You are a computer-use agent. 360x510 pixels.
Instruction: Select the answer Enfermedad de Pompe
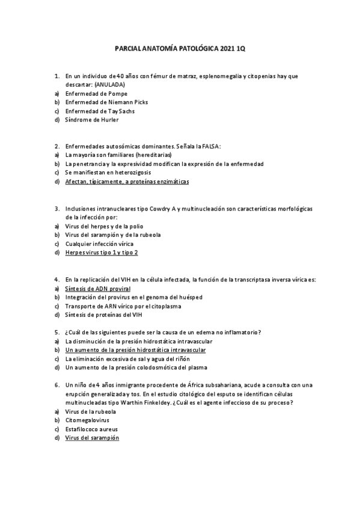[96, 94]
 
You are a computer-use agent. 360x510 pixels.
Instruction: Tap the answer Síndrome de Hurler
[92, 120]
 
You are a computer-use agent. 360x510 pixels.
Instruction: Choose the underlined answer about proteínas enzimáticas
[127, 181]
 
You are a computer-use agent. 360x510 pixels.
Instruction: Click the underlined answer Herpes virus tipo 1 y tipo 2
[102, 253]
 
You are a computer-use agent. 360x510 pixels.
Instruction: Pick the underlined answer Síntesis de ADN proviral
[97, 288]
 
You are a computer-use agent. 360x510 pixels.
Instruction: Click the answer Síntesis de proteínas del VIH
[103, 315]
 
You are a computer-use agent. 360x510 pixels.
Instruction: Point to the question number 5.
[56, 333]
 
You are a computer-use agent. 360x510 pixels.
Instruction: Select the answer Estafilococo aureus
[91, 429]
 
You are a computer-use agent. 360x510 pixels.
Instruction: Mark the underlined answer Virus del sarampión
[92, 438]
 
